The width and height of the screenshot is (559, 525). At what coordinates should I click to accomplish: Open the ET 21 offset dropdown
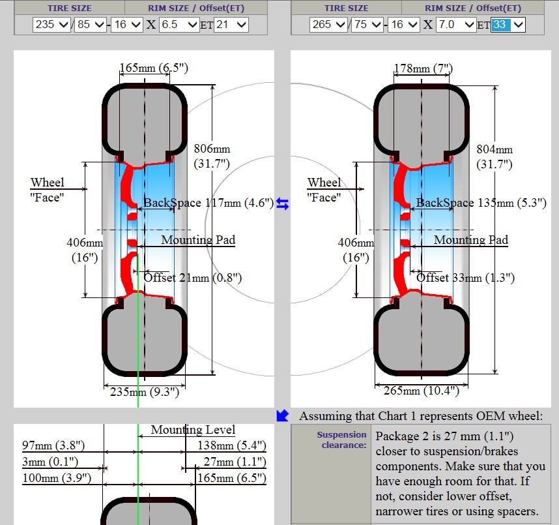(x=231, y=25)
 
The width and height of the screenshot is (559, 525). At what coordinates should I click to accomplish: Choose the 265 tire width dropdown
(x=328, y=25)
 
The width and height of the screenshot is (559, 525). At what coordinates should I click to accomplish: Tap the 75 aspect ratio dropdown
(x=368, y=25)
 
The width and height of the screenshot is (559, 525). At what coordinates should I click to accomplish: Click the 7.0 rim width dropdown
(x=456, y=25)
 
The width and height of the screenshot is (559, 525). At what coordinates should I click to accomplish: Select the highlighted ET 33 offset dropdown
(x=508, y=25)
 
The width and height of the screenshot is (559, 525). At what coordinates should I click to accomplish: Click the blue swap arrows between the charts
(x=282, y=204)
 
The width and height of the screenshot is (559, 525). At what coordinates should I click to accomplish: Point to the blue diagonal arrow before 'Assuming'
(x=282, y=415)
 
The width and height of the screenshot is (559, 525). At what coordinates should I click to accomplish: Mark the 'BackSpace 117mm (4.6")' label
(x=208, y=203)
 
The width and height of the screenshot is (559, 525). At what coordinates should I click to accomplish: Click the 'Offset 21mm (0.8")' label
(x=193, y=278)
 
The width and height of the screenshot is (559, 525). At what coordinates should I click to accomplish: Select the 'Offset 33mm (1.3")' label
(x=465, y=278)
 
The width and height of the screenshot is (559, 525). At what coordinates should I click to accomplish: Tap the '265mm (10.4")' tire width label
(x=420, y=391)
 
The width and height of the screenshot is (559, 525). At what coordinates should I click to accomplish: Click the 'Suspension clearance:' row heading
(x=341, y=440)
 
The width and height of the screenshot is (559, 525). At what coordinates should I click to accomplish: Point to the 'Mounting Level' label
(x=193, y=430)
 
